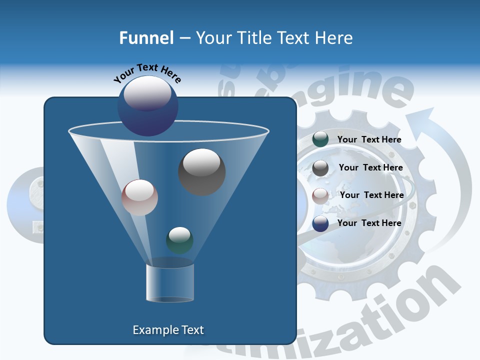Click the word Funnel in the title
(146, 38)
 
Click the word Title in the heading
(254, 38)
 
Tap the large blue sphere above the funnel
(147, 105)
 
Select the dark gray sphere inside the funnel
(201, 171)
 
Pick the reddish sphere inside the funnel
(139, 197)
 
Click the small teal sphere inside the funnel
(179, 240)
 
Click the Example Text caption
(168, 330)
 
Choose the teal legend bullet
(320, 139)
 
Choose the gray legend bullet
(320, 168)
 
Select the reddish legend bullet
(320, 196)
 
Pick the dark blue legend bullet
(320, 223)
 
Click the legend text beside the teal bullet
(369, 140)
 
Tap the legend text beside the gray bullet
(370, 168)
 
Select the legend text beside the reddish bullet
(371, 195)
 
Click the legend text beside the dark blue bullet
(369, 223)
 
